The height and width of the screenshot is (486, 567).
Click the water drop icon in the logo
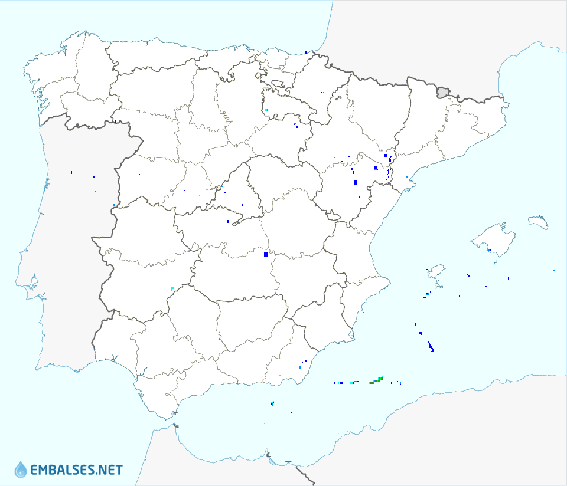[x=21, y=469]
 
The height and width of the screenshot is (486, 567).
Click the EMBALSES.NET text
[x=76, y=470]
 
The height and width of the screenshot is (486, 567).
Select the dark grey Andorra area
[x=443, y=91]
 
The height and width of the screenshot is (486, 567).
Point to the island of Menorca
[x=538, y=222]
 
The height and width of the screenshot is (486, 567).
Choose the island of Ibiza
[x=435, y=272]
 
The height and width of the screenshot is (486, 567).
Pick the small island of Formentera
[x=426, y=294]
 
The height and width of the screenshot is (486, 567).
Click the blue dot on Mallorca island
[x=490, y=249]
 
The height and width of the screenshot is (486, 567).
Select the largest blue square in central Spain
[x=266, y=254]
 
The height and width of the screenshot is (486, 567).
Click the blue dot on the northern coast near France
[x=305, y=52]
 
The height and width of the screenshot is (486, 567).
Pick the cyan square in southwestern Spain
[x=172, y=289]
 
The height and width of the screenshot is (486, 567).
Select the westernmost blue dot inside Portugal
[x=71, y=172]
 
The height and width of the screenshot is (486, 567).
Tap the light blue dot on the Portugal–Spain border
[x=113, y=205]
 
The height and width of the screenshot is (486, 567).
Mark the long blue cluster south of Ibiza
[x=431, y=347]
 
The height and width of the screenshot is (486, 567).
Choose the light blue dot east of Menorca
[x=553, y=271]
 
